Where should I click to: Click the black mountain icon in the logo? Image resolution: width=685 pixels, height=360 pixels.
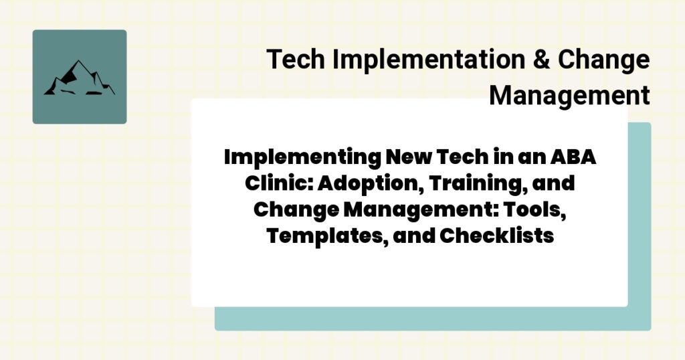(x=79, y=78)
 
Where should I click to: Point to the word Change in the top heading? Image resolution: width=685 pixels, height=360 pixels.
(x=603, y=60)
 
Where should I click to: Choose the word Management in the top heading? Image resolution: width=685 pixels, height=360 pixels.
(x=569, y=95)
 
